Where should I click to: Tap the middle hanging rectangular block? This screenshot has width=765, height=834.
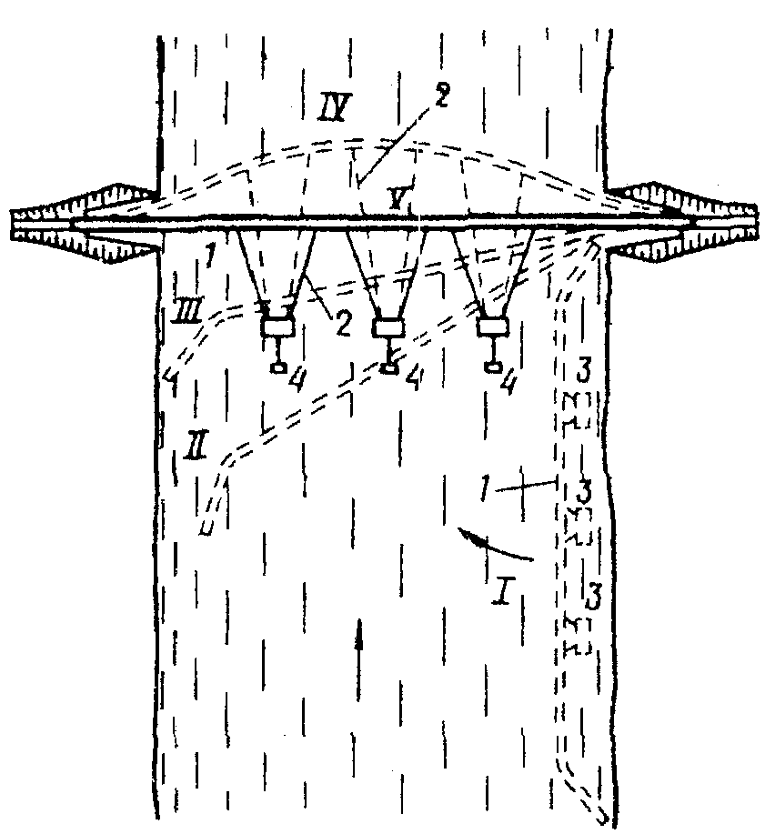tap(388, 327)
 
